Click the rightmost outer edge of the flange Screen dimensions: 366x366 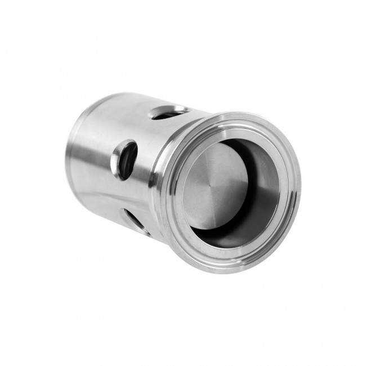[x=299, y=186]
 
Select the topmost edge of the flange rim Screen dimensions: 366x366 [x=248, y=112]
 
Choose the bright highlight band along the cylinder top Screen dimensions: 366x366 [x=124, y=107]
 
